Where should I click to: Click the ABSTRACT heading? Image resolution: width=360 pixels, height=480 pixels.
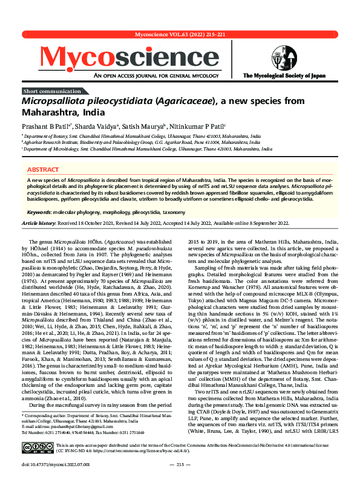click(44, 170)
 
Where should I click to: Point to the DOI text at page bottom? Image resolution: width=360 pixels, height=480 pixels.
click(48, 464)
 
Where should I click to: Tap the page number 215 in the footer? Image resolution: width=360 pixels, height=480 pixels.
click(180, 464)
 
